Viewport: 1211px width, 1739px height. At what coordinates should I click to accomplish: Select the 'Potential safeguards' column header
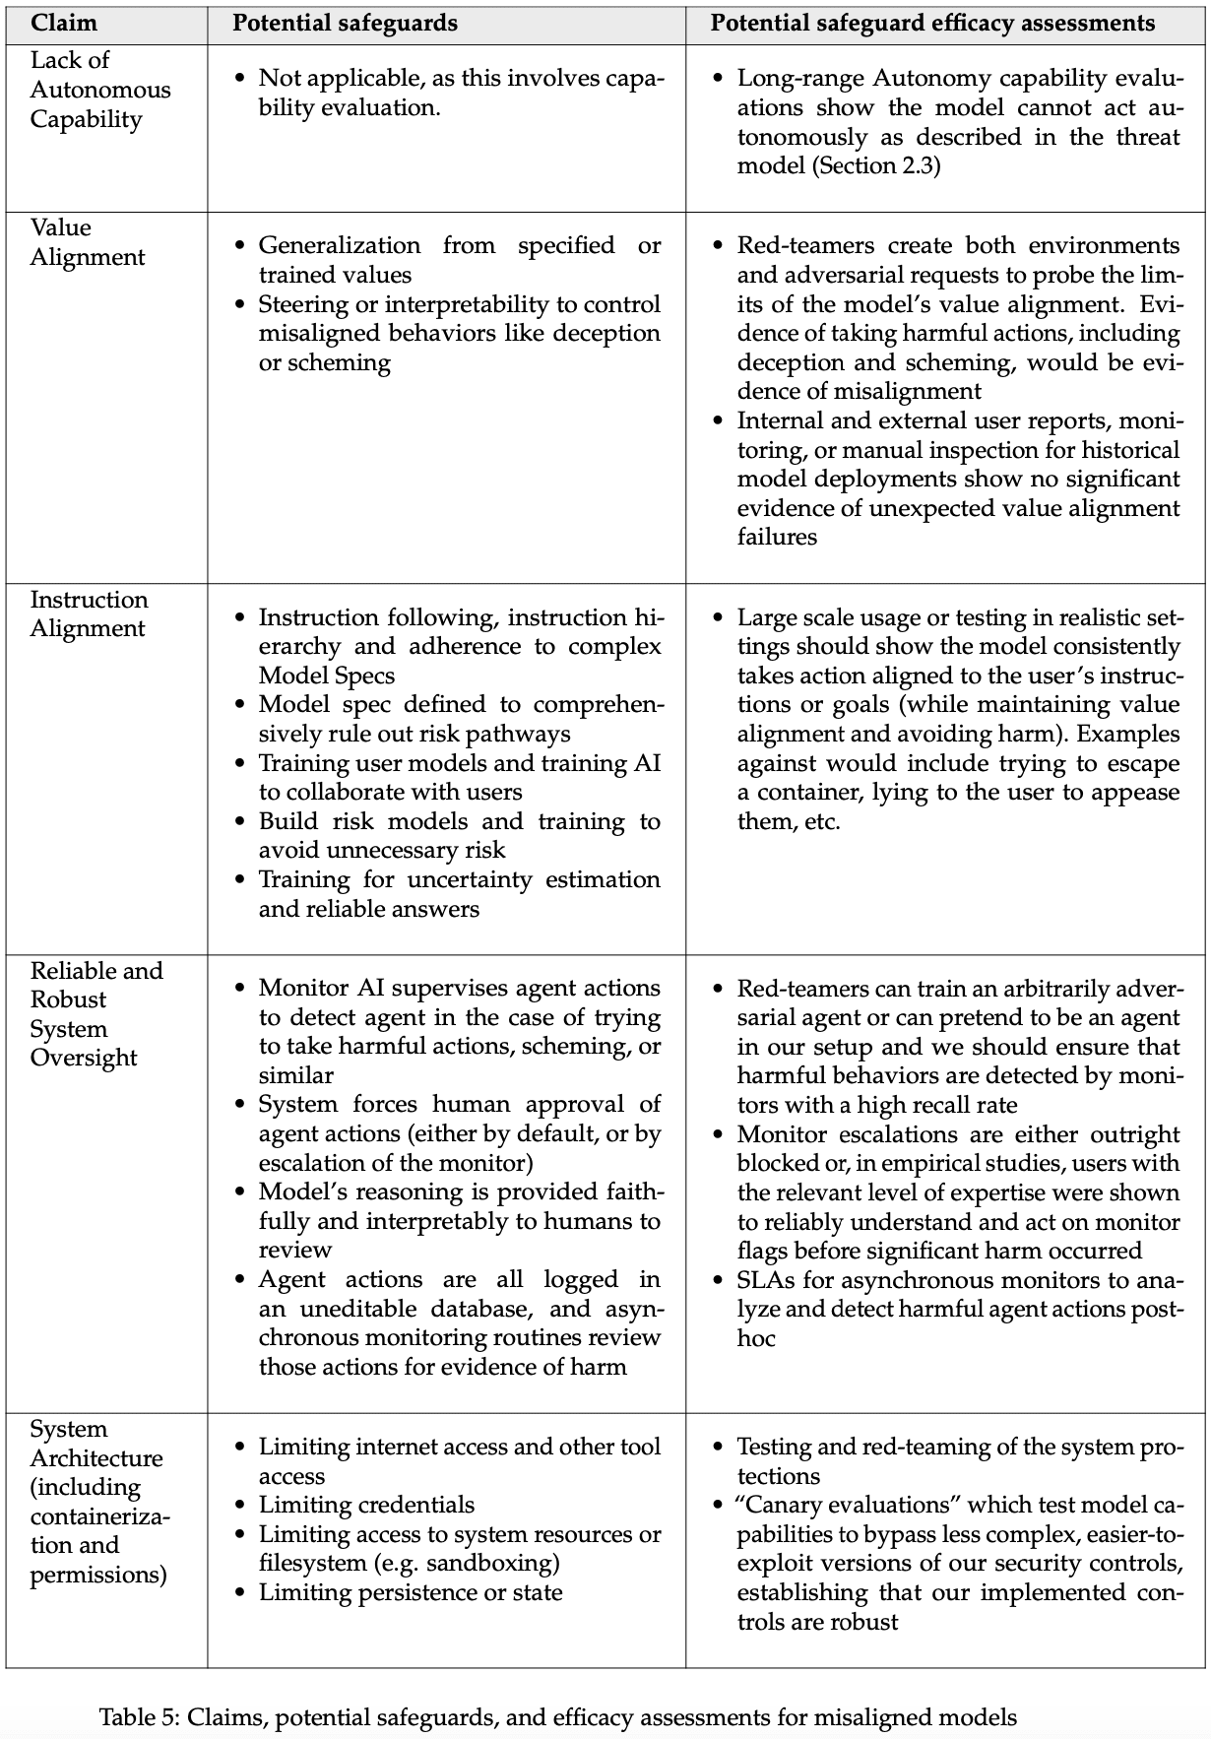(345, 24)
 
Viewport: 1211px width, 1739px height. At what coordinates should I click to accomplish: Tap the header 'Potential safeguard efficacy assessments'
(932, 24)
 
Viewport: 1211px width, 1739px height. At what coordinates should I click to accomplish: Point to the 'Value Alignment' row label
(87, 242)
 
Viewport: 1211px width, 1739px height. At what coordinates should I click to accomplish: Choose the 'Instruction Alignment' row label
(89, 613)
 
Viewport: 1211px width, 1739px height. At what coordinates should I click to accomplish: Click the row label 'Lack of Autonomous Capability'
(99, 90)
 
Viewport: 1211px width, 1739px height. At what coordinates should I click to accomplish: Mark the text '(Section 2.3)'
(876, 165)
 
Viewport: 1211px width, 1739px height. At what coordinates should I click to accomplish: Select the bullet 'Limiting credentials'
(366, 1505)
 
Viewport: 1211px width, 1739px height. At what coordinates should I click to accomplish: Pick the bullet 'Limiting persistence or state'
(411, 1592)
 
